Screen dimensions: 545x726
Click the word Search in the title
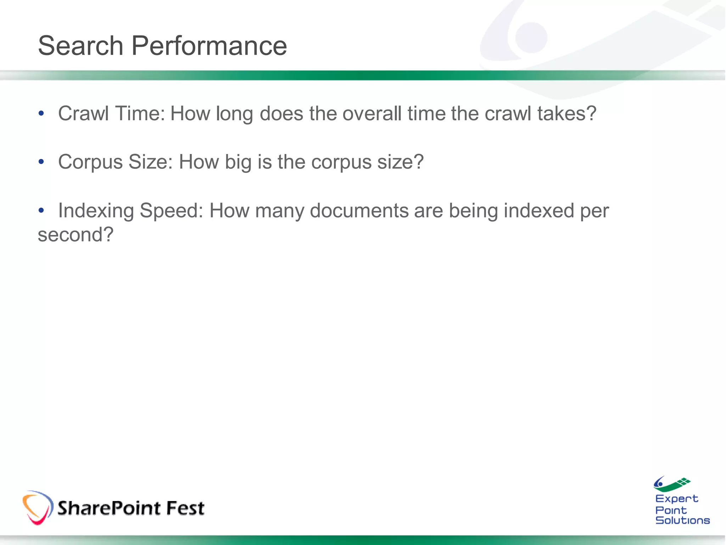pos(80,46)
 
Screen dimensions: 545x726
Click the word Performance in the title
pos(209,46)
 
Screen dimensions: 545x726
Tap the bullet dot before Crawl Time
pos(41,114)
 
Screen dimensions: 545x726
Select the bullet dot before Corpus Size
pos(41,162)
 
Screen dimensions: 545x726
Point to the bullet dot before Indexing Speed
pos(41,210)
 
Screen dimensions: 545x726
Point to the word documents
pos(359,211)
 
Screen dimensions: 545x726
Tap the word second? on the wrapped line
pos(76,235)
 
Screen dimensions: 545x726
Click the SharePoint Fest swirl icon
pos(38,508)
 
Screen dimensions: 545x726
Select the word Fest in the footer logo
pos(185,508)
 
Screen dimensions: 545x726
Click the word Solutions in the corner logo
pos(682,521)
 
